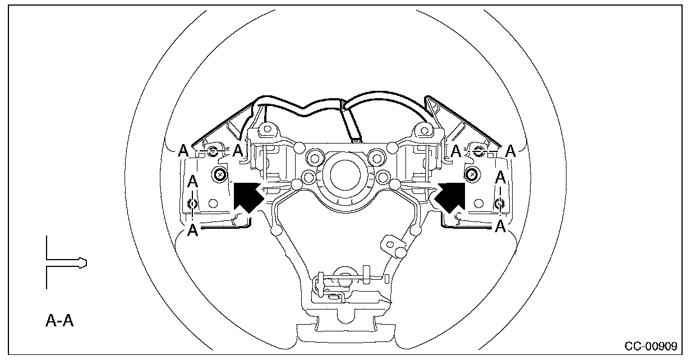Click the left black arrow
[248, 197]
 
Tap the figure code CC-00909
[651, 346]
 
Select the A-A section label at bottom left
[59, 321]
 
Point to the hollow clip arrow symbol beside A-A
[66, 262]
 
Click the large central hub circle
[345, 175]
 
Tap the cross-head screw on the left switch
[220, 174]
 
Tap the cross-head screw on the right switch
[472, 174]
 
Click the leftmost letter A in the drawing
[183, 151]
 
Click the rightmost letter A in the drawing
[510, 151]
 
